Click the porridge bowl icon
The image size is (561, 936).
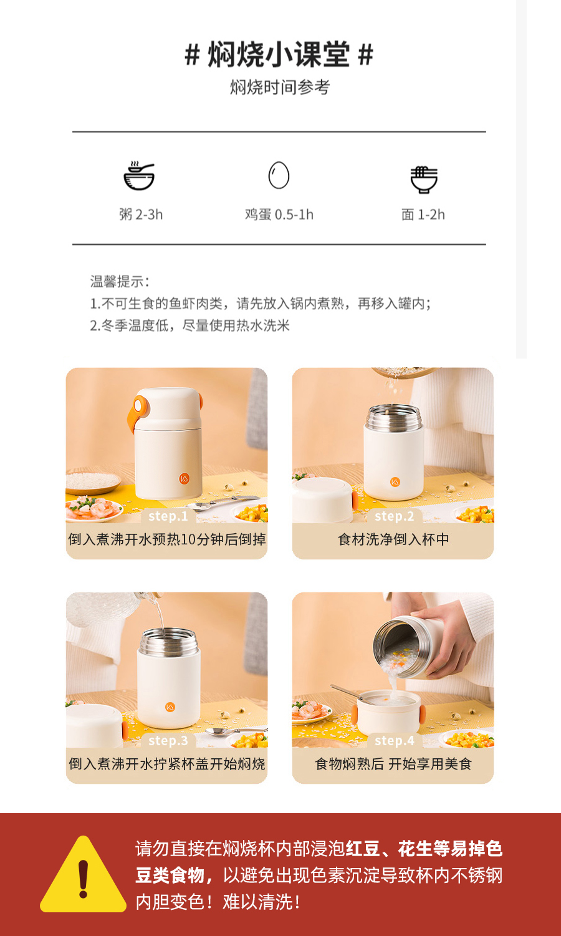[x=139, y=176]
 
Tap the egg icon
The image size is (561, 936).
[x=279, y=175]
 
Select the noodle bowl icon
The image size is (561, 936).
[x=424, y=179]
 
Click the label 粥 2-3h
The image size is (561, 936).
[x=141, y=215]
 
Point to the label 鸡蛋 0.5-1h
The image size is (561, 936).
[x=279, y=215]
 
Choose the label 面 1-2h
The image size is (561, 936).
[x=423, y=215]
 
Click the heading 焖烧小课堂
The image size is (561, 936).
[x=279, y=55]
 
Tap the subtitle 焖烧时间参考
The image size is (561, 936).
[x=279, y=87]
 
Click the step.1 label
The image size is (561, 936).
[x=168, y=516]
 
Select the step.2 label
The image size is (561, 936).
[x=394, y=516]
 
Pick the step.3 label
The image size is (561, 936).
[x=168, y=741]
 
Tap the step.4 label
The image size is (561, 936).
[x=394, y=741]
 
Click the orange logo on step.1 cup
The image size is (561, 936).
[x=184, y=479]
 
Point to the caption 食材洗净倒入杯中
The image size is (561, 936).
[x=393, y=539]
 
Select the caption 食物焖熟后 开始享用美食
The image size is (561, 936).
[x=393, y=764]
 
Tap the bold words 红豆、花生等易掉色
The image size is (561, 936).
[x=424, y=849]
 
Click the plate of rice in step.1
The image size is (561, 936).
[x=93, y=481]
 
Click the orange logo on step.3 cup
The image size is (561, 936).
[x=170, y=707]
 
